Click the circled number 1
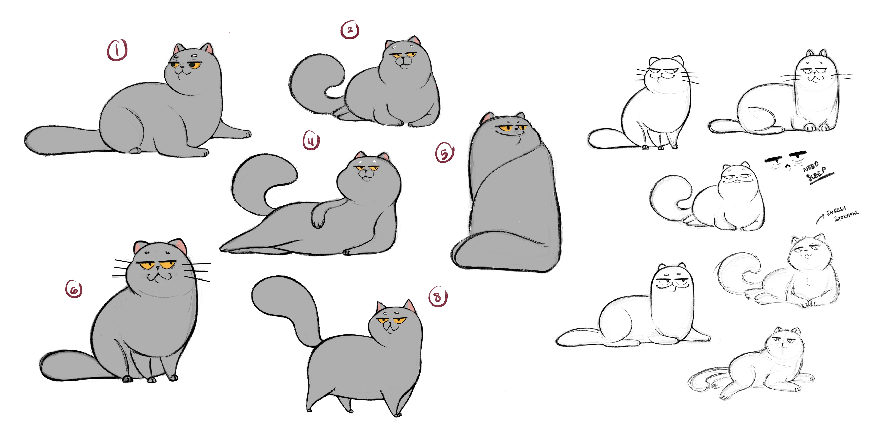pyautogui.click(x=117, y=50)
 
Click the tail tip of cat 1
pyautogui.click(x=29, y=140)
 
